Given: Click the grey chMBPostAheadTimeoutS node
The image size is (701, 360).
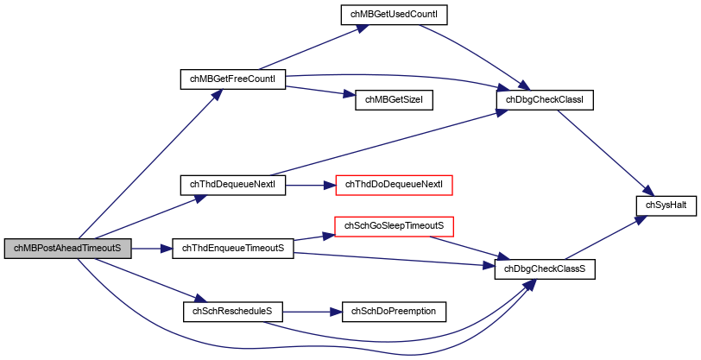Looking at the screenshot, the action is tap(68, 248).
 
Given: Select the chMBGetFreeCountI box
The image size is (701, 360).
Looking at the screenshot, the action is tap(232, 79).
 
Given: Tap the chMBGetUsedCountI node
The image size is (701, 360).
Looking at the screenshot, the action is tap(394, 15).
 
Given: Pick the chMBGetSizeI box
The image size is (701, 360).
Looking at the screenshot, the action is tap(394, 100).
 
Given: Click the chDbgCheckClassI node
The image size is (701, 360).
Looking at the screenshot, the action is tap(545, 100).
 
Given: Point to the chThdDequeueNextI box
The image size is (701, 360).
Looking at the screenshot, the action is tap(232, 185).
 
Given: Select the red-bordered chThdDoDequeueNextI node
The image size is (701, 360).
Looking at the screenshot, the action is tap(395, 185).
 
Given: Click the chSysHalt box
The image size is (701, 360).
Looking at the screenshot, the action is tap(666, 205).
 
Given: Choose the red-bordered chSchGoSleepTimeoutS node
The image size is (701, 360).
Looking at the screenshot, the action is tap(394, 226).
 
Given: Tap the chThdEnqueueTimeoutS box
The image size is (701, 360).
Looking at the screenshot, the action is tap(233, 248).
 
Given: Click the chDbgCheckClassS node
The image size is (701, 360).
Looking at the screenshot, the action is tap(545, 269).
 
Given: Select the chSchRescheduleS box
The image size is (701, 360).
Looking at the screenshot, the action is tap(232, 312).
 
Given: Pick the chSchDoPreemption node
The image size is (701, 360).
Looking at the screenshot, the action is tap(394, 312).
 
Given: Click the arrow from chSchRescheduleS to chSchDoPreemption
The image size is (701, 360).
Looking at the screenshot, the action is tap(312, 312).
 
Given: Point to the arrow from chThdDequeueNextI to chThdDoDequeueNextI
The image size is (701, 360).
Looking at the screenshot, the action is tap(310, 185).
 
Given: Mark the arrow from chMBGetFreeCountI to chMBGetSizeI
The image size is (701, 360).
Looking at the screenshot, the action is tap(320, 91).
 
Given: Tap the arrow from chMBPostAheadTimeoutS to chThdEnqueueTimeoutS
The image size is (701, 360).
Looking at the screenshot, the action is tap(152, 248).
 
